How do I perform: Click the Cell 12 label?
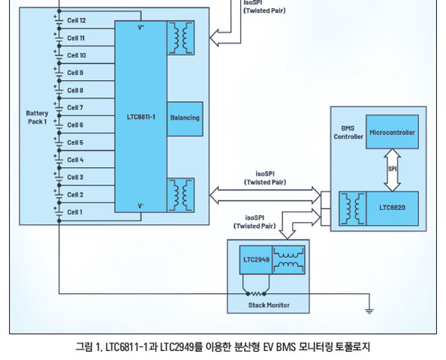[x=77, y=20]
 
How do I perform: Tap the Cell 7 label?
[x=75, y=108]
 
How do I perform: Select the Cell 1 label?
[x=75, y=212]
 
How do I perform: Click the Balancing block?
[x=185, y=118]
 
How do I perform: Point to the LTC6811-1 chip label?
[x=141, y=117]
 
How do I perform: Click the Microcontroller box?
[x=392, y=132]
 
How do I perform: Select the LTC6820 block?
[x=392, y=208]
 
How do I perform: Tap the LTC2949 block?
[x=256, y=259]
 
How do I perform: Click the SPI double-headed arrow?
[x=392, y=170]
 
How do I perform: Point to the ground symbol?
[x=369, y=310]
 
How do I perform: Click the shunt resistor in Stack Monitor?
[x=256, y=293]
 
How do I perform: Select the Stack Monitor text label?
[x=269, y=305]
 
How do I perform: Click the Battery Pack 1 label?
[x=37, y=117]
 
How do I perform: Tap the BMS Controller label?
[x=348, y=133]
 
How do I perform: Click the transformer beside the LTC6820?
[x=353, y=208]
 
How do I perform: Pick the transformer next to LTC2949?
[x=289, y=259]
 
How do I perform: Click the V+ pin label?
[x=141, y=28]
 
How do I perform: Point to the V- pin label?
[x=141, y=205]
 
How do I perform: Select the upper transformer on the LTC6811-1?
[x=181, y=37]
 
